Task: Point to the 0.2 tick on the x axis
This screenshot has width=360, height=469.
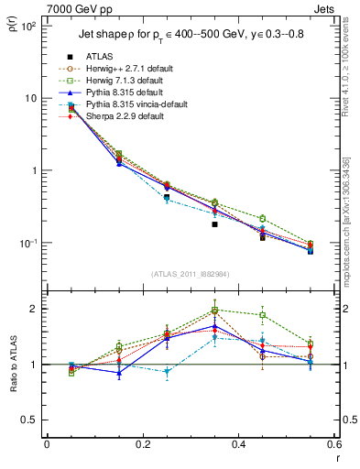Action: pyautogui.click(x=142, y=445)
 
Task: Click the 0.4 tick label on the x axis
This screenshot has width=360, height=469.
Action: pyautogui.click(x=240, y=445)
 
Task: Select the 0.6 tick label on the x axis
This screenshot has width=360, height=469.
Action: pyautogui.click(x=336, y=445)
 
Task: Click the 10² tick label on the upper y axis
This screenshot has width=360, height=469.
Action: pyautogui.click(x=27, y=26)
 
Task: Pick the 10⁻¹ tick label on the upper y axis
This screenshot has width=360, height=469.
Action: pyautogui.click(x=27, y=243)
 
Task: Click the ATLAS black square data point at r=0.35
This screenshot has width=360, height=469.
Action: pyautogui.click(x=214, y=224)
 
